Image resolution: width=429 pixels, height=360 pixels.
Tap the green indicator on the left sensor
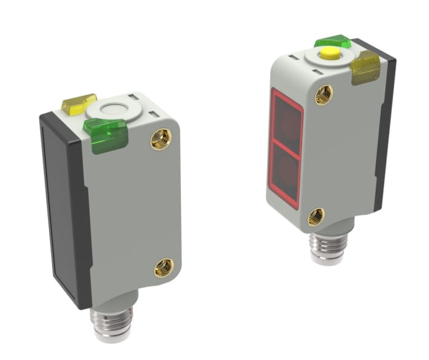(x=105, y=134)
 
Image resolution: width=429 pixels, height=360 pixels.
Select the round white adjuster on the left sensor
(x=110, y=110)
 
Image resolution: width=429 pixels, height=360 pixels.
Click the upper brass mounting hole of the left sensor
(x=161, y=139)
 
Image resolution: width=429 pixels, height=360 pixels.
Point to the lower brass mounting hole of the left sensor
(x=164, y=266)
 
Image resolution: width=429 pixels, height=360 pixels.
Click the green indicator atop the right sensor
(x=332, y=42)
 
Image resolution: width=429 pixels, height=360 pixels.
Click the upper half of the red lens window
(x=286, y=123)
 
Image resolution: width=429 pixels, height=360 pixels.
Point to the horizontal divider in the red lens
(x=286, y=151)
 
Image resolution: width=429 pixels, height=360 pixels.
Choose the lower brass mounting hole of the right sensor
(x=316, y=216)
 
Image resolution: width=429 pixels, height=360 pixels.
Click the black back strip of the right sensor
(x=384, y=135)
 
